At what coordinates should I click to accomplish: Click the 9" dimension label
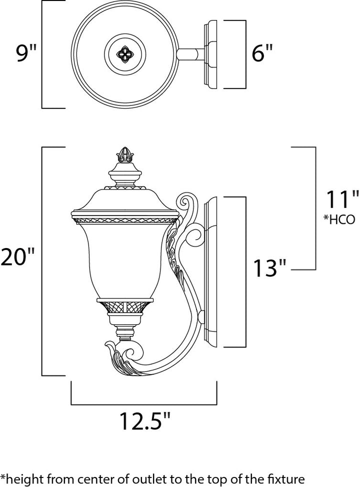25,53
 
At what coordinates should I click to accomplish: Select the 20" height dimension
17,258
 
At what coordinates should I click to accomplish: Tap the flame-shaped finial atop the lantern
122,155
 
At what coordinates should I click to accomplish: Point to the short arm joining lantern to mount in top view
189,53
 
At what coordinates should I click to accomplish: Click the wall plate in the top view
211,55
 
